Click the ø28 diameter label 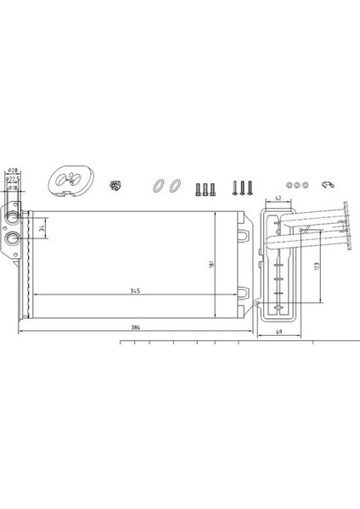[x=13, y=171]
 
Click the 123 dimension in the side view [x=317, y=266]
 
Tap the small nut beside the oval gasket [x=115, y=184]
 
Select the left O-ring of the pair [x=159, y=185]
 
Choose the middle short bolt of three [x=205, y=187]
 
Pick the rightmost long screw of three [x=250, y=187]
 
